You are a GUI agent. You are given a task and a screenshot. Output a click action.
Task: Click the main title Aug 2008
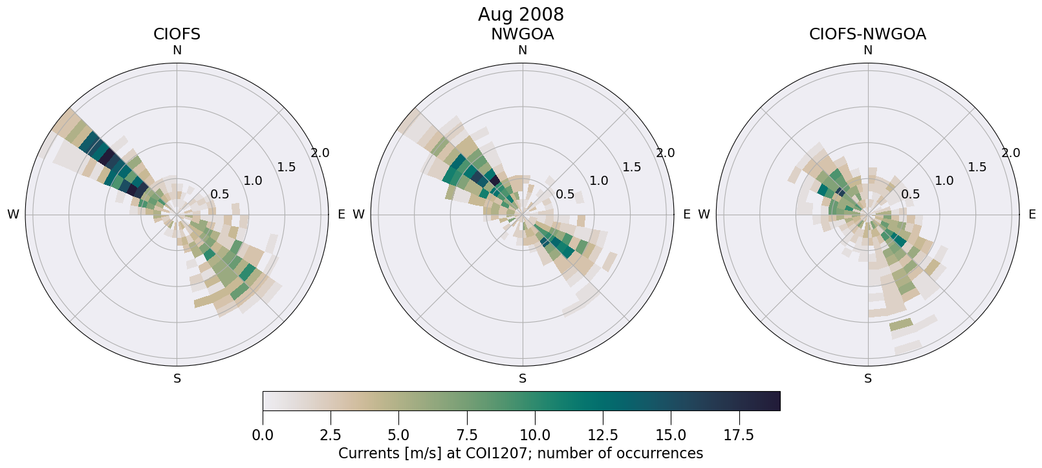point(521,14)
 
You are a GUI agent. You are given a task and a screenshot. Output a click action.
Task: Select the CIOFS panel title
point(177,34)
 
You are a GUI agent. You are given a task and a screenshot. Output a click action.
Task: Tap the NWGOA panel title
point(522,34)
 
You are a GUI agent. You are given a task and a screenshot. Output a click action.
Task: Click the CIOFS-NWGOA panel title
point(867,34)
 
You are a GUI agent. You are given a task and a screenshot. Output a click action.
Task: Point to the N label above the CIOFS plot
point(177,50)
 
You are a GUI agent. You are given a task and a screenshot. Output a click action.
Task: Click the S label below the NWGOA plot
point(523,379)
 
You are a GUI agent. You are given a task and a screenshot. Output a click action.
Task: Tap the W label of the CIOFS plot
point(13,215)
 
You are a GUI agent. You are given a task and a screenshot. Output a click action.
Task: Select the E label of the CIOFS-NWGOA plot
point(1032,215)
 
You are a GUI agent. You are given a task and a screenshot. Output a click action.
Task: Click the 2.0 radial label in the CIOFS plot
point(320,153)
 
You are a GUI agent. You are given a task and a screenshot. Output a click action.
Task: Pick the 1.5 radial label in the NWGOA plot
point(631,167)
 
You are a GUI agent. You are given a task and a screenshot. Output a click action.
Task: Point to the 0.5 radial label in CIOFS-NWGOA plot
point(910,194)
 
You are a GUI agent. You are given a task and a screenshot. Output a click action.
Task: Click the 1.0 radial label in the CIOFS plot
point(253,181)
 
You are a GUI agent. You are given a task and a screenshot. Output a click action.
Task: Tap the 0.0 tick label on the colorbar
point(263,435)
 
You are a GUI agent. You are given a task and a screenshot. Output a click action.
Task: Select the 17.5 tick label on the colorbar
point(739,435)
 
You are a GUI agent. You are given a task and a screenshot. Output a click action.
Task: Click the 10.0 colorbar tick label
point(534,435)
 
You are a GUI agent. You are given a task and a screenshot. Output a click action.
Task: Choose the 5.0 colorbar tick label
point(398,435)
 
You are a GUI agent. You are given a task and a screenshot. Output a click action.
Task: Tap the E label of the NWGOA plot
point(686,215)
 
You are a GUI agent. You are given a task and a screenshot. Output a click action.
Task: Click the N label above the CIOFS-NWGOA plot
point(868,50)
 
